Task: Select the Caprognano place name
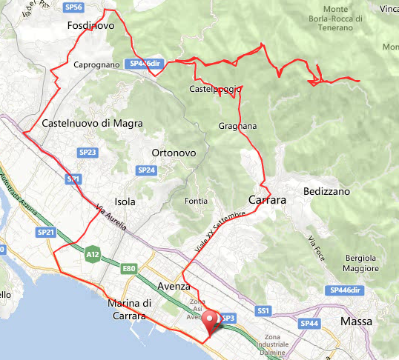96,65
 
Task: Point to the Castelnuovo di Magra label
88,123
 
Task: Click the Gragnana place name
237,126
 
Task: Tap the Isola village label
125,201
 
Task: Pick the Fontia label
196,201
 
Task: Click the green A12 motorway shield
92,252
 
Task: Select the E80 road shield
130,268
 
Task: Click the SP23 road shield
87,153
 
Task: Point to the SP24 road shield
146,170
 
